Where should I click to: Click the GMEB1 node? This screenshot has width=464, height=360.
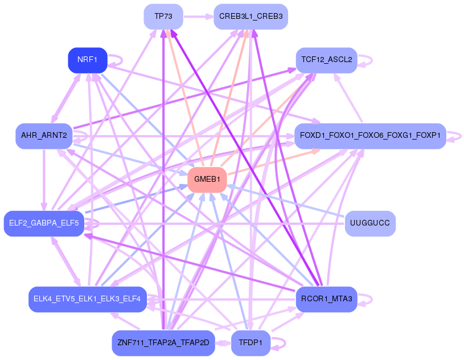click(207, 179)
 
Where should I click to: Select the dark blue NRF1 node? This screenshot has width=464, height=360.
click(88, 60)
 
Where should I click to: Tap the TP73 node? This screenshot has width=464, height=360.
click(163, 17)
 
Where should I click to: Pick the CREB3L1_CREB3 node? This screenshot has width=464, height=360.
click(251, 17)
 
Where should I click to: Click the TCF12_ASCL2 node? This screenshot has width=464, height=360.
click(326, 60)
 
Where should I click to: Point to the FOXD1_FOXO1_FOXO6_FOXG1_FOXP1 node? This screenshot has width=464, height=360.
click(369, 136)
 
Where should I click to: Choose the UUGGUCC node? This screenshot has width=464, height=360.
click(370, 223)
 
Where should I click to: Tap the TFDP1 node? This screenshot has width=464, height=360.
click(251, 343)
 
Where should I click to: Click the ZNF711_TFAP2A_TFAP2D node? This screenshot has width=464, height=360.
click(163, 343)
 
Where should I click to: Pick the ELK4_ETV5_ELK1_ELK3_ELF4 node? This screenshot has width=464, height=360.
click(88, 299)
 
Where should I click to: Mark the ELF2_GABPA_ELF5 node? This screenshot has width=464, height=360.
click(44, 223)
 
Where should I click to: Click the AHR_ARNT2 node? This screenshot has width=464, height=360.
click(44, 136)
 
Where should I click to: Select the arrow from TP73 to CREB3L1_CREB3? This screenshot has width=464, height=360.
click(198, 17)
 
